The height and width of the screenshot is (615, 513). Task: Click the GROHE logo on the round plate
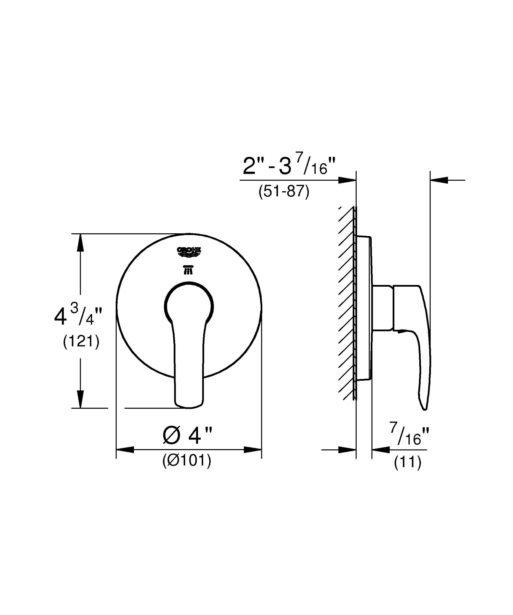[188, 251]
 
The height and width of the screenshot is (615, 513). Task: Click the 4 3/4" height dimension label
[78, 316]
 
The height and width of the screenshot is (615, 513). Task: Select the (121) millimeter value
[81, 342]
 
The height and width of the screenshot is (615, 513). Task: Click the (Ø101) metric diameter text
[187, 461]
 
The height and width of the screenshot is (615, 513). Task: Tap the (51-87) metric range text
[284, 192]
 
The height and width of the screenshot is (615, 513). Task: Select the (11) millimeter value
[407, 463]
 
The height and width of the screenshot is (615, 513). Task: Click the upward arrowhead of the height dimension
[80, 243]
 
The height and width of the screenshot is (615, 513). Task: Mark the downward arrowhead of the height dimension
[80, 399]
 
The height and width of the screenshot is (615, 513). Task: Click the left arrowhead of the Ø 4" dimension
[125, 450]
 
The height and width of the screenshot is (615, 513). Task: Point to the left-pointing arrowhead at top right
[439, 180]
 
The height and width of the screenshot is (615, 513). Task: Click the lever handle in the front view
[189, 356]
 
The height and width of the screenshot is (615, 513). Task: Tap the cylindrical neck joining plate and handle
[382, 308]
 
